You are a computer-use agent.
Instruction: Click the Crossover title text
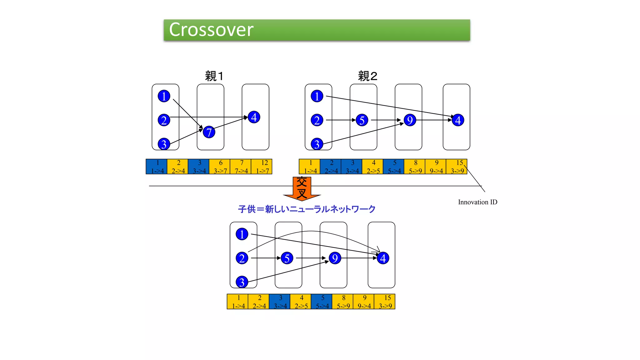pos(211,30)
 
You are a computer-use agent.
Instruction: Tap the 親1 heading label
pos(214,76)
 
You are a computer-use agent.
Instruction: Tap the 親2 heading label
pos(367,76)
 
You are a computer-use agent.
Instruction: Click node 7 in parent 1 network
pos(209,132)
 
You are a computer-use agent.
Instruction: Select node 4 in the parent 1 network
pos(254,117)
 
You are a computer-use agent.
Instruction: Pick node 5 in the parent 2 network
pos(362,120)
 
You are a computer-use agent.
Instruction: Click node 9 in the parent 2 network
pos(410,120)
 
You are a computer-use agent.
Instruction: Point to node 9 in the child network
pos(335,258)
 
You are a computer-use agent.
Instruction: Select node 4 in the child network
pos(383,258)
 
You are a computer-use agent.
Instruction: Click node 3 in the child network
pos(242,282)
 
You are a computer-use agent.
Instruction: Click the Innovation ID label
pos(477,202)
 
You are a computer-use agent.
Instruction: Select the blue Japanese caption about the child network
pos(307,209)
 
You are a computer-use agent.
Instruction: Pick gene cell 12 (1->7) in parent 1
pos(262,167)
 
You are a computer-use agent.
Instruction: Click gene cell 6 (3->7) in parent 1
pos(220,167)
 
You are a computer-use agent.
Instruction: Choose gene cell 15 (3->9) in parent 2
pos(457,167)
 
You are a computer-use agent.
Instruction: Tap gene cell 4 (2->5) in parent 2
pos(373,167)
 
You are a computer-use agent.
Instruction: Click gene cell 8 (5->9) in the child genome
pos(343,302)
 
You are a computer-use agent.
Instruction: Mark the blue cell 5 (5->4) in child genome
pos(322,302)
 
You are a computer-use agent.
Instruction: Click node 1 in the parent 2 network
pos(317,96)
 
